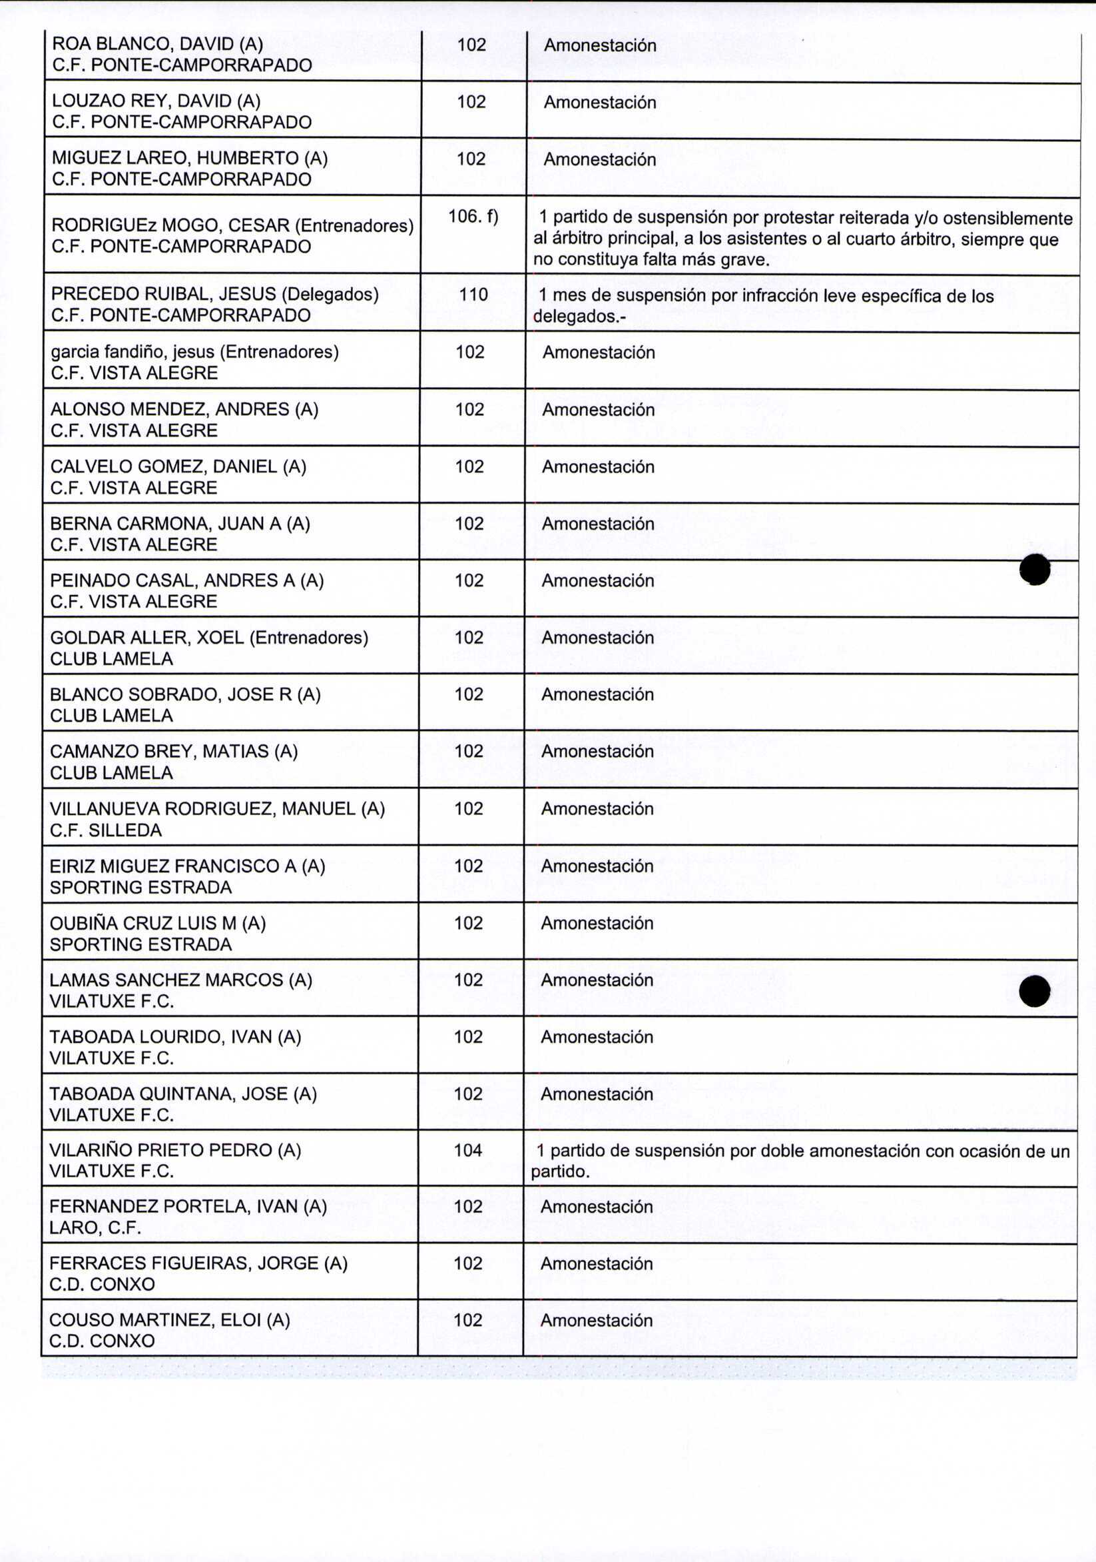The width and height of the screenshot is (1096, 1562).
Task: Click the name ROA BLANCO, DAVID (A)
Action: click(157, 44)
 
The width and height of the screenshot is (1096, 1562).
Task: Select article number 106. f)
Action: click(473, 217)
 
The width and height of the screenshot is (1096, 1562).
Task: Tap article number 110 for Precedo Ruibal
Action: click(473, 295)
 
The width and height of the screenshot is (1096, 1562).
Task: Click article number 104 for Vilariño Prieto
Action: click(468, 1150)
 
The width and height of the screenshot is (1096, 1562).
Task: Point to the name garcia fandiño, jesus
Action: click(194, 352)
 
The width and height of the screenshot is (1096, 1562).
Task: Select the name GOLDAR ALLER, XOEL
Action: click(208, 638)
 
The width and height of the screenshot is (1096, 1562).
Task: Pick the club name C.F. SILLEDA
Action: click(105, 830)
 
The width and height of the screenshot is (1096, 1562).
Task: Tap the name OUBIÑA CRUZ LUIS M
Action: click(158, 923)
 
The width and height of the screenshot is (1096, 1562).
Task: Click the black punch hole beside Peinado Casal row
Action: click(1035, 569)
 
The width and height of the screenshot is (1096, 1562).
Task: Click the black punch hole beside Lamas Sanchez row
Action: click(1035, 990)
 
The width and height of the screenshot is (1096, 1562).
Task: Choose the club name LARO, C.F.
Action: click(95, 1227)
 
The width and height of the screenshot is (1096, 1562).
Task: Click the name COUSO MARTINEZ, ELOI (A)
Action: click(169, 1320)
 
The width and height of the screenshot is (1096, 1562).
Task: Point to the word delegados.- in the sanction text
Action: click(579, 317)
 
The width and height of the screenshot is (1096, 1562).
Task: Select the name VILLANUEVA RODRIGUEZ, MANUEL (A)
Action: click(217, 808)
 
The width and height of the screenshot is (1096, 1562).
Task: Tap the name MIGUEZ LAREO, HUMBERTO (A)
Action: click(190, 159)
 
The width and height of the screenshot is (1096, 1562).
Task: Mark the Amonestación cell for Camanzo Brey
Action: click(597, 751)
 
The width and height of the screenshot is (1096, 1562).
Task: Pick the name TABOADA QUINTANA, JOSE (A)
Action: click(183, 1094)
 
